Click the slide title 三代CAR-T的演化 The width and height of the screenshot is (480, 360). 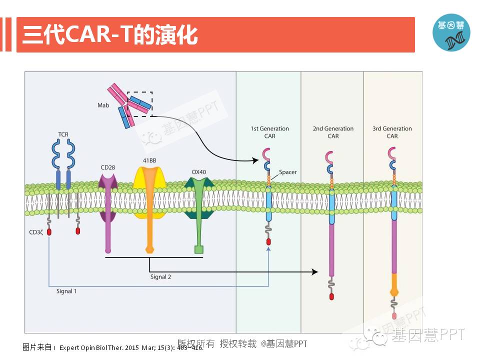coord(110,35)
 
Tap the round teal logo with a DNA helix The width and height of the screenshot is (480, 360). coord(451,32)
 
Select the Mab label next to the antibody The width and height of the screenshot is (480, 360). coord(103,105)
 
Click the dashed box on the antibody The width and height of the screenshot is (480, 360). coord(139,103)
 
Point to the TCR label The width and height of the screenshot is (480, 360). coord(63,134)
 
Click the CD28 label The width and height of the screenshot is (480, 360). coord(108,166)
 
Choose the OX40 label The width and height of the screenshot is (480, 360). coord(198,172)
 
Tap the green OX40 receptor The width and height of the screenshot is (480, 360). coord(198,210)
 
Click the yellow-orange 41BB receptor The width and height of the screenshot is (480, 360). coord(150,200)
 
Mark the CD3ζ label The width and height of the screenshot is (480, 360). coord(36,232)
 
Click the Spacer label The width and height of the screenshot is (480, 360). coord(287,172)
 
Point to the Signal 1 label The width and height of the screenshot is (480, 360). coord(66,290)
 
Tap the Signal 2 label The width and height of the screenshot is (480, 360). coord(161,276)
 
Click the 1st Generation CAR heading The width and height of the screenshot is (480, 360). coord(269,132)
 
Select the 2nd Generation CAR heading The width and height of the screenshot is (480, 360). coord(333,132)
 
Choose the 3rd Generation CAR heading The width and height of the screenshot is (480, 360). coord(392,132)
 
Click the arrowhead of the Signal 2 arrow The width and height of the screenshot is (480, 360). coord(314,271)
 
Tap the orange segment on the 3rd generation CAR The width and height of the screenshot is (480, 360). coord(394,283)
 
